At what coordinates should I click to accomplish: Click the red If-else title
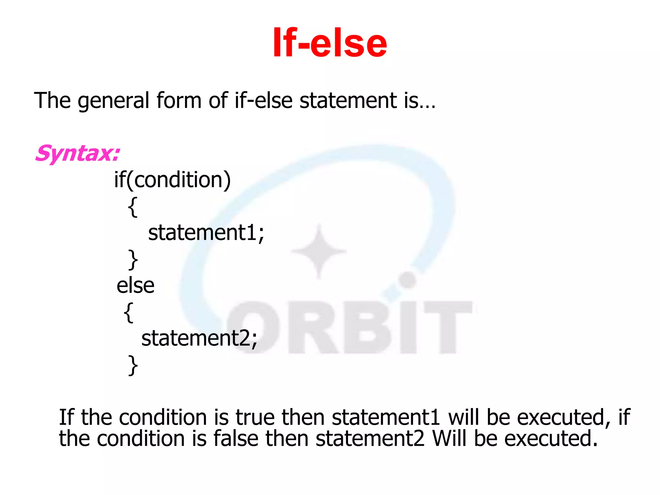pos(329,43)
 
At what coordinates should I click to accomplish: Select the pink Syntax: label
pos(77,154)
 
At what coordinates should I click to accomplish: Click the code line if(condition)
pos(172,180)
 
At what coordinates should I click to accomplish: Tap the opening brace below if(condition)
pos(132,207)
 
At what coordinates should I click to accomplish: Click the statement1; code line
pos(206,233)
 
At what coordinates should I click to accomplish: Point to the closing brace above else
pos(133,259)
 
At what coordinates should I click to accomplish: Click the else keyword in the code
pos(135,286)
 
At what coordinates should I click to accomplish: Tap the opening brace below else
pos(128,312)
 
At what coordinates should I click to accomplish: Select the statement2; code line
pos(199,339)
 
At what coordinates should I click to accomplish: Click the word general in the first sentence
pos(113,101)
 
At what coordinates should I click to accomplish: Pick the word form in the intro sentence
pos(179,100)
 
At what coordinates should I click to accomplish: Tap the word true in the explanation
pos(256,417)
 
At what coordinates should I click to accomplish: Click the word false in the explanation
pos(236,439)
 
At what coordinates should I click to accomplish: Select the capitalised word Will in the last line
pos(449,439)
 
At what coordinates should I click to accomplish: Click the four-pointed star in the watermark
pos(319,251)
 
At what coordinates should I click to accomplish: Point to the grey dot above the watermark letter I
pos(408,280)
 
